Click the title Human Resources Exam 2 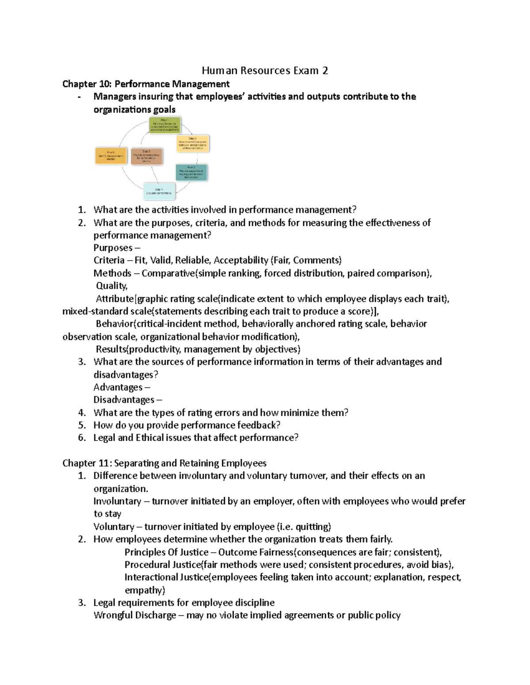[265, 71]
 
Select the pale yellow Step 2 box [193, 144]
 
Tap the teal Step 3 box [191, 172]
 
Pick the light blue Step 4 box [159, 191]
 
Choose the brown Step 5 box [147, 156]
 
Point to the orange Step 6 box [110, 156]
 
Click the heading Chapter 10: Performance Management [146, 84]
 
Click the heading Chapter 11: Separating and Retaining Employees [164, 463]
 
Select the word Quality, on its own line [112, 286]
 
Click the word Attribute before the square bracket [114, 299]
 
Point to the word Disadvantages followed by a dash [124, 400]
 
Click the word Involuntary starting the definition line [117, 501]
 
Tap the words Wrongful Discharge [135, 615]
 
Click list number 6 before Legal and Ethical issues [82, 438]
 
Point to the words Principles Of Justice [166, 552]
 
